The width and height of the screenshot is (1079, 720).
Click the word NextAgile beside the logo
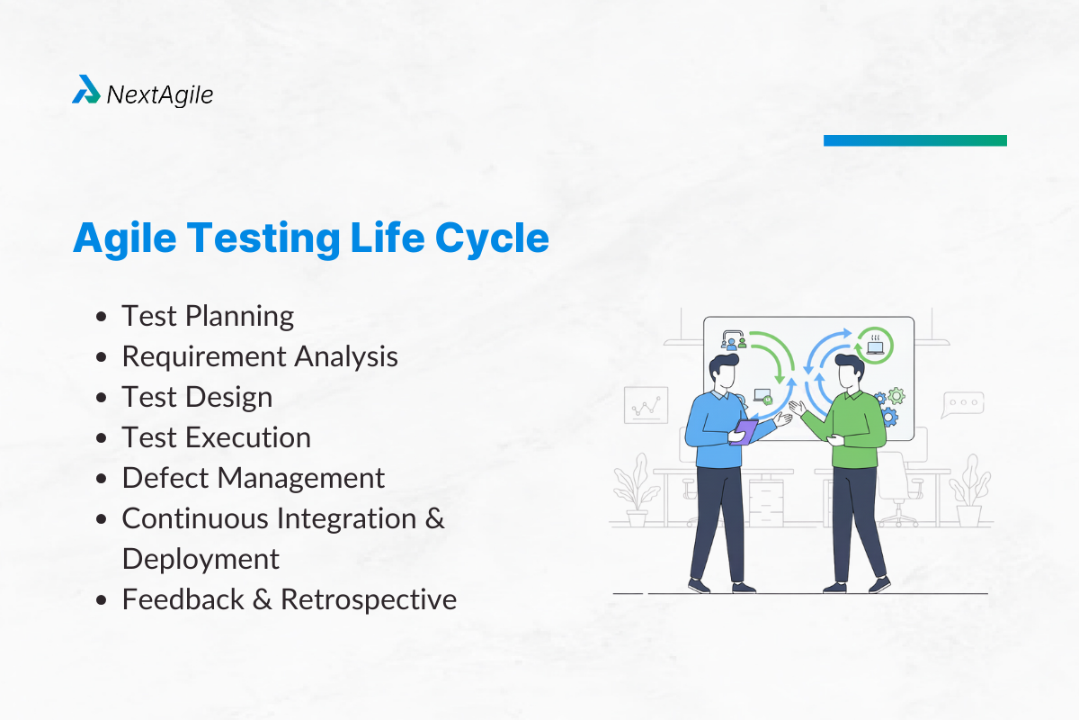coord(160,94)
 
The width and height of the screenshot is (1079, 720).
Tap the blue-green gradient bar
coord(914,140)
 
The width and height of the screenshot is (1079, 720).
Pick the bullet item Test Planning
coord(208,316)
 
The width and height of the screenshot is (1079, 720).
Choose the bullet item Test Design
coord(197,397)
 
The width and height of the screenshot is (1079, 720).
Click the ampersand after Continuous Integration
coord(435,518)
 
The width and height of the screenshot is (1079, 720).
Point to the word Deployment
coord(201,559)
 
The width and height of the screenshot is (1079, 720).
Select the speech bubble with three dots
coord(961,404)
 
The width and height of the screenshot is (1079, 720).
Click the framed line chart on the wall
coord(646,405)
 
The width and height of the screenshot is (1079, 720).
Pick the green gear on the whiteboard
coord(896,396)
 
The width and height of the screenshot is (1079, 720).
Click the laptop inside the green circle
coord(873,346)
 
